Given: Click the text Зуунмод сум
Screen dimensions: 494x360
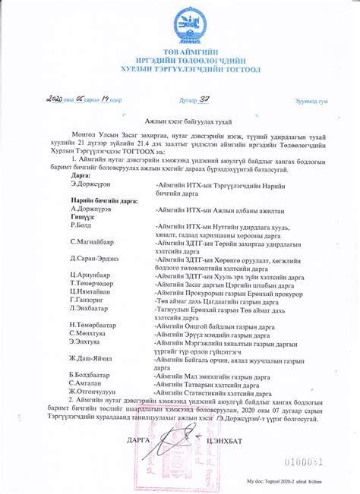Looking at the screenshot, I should click(311, 101).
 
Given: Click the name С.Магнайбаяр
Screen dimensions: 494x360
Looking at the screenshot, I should click(92, 242).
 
